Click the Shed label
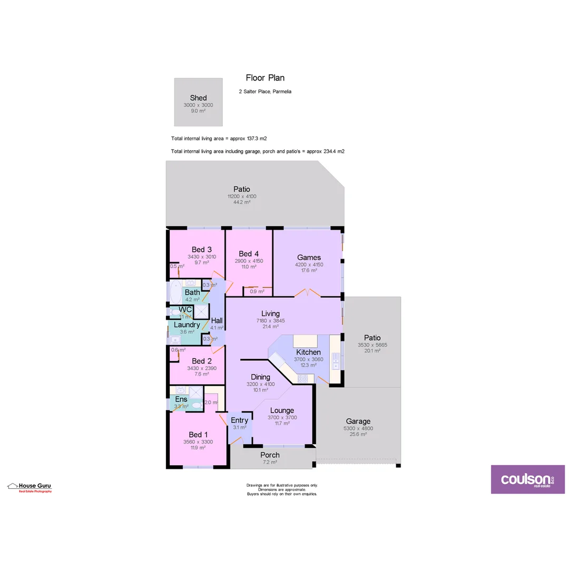(x=198, y=98)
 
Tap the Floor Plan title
(x=265, y=78)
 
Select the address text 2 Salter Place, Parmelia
(x=265, y=92)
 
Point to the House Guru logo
(x=30, y=487)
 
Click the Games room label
(x=309, y=257)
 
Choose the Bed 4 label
(x=249, y=254)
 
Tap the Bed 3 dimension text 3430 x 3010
(x=201, y=257)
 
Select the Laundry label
(x=187, y=325)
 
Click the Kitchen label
(x=308, y=352)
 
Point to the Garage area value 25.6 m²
(x=358, y=435)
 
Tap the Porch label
(x=270, y=455)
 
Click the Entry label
(x=239, y=420)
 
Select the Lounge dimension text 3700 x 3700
(x=282, y=417)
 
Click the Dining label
(x=260, y=377)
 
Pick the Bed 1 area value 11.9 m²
(x=198, y=448)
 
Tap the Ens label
(x=181, y=399)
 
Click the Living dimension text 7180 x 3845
(x=270, y=320)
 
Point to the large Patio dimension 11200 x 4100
(x=242, y=196)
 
